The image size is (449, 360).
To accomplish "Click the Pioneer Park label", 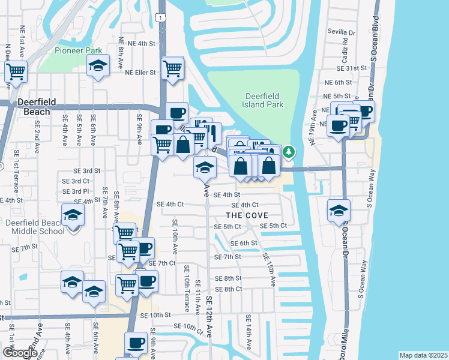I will [x=79, y=51].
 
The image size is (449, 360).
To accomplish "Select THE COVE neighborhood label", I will [x=247, y=215].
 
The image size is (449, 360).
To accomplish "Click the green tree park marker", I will [x=289, y=152].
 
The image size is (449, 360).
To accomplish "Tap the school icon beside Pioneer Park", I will [x=97, y=67].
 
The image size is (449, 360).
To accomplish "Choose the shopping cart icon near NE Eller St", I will [x=173, y=69].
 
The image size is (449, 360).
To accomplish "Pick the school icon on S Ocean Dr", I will [x=339, y=211].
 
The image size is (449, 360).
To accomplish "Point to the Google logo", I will [x=19, y=353].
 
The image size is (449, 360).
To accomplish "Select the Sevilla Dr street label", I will [x=342, y=32].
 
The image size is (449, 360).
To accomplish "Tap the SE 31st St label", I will [x=352, y=68].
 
